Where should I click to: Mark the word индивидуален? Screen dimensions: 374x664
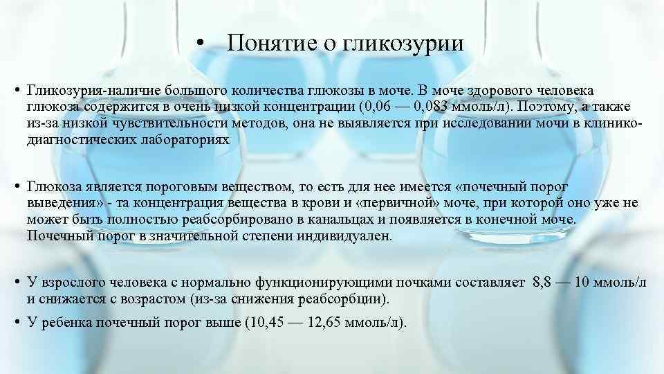coord(349,235)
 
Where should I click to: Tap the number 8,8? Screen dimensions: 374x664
coord(544,284)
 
